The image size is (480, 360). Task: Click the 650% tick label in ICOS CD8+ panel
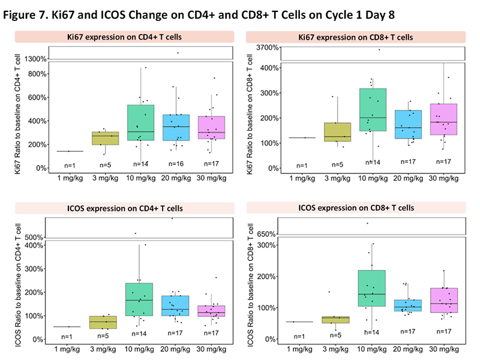(x=267, y=235)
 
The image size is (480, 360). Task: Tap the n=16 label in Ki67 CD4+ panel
(x=177, y=163)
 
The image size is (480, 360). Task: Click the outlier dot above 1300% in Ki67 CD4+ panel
(x=178, y=53)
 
